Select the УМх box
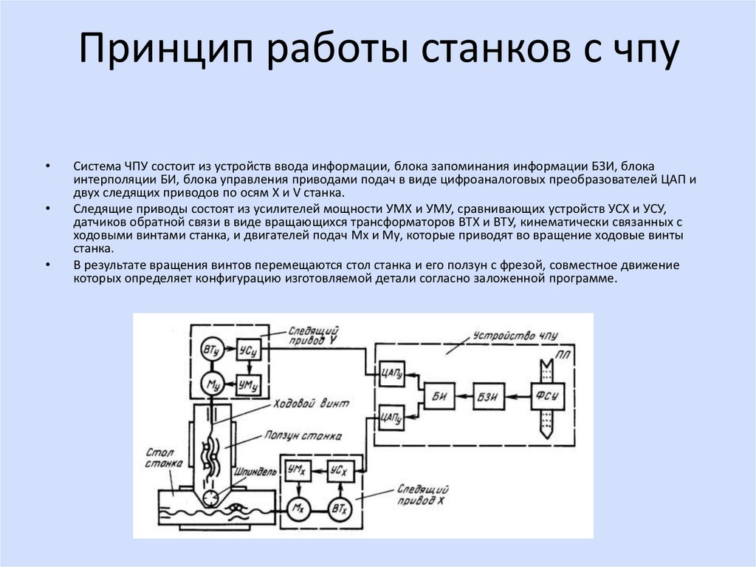tap(298, 470)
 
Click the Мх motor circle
tap(298, 509)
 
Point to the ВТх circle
tap(340, 509)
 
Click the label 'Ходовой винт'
tap(311, 404)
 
